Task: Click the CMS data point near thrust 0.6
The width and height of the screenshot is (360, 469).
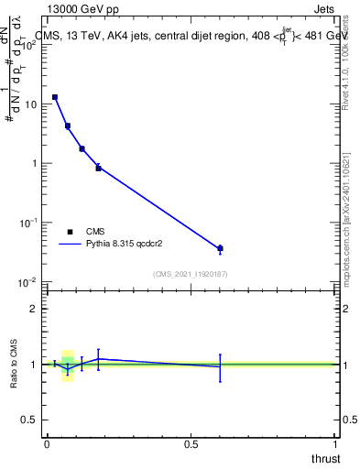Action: tap(220, 248)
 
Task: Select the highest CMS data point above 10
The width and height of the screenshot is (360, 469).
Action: tap(55, 96)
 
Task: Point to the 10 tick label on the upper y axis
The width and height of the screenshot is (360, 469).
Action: tap(31, 104)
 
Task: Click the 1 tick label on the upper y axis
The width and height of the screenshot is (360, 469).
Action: tap(34, 163)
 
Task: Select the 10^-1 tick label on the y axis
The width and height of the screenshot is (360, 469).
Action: tap(29, 222)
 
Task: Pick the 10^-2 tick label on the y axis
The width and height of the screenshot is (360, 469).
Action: tap(29, 281)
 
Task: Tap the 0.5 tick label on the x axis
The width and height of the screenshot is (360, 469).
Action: tap(191, 444)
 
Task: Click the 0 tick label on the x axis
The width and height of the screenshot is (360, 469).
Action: tap(47, 444)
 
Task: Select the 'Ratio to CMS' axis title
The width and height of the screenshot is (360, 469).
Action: tap(14, 365)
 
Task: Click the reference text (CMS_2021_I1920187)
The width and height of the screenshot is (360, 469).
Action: tap(191, 274)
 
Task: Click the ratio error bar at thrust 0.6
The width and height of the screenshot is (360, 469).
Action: tap(220, 367)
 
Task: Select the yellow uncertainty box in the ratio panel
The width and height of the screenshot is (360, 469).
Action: tap(67, 365)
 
